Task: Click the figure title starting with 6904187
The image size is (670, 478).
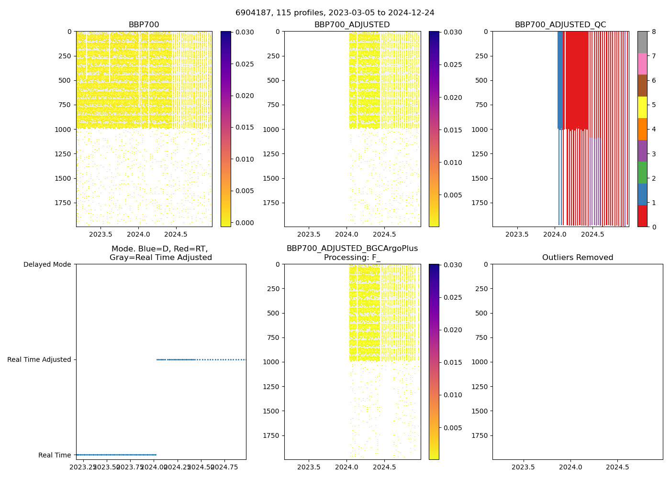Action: pos(335,13)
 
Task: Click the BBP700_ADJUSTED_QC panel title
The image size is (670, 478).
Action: pos(560,25)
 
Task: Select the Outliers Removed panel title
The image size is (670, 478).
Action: pos(577,258)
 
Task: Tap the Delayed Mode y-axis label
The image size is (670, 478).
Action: pos(47,264)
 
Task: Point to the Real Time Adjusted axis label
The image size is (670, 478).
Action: pos(39,359)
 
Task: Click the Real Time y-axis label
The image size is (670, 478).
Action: pos(55,455)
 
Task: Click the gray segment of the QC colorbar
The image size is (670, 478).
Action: pos(642,42)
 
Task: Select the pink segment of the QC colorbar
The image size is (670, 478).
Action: pos(642,64)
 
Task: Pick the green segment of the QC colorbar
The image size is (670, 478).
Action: pos(642,172)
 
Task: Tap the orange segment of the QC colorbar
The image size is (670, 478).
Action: pos(642,129)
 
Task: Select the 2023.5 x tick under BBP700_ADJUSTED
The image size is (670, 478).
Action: pos(309,235)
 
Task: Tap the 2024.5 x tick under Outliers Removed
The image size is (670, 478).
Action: pos(617,467)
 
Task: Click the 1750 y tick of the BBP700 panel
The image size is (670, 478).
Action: pos(63,203)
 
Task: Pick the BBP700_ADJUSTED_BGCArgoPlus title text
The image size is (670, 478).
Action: pos(352,249)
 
